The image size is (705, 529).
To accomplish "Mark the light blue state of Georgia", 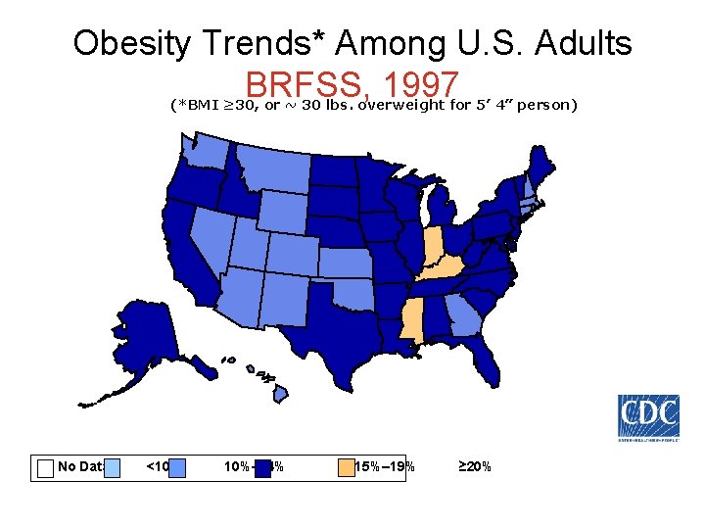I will (x=460, y=318).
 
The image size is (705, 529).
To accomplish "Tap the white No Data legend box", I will (x=45, y=467).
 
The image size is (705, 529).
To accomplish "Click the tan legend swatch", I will (x=345, y=467).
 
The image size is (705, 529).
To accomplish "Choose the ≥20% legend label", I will (x=476, y=466).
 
